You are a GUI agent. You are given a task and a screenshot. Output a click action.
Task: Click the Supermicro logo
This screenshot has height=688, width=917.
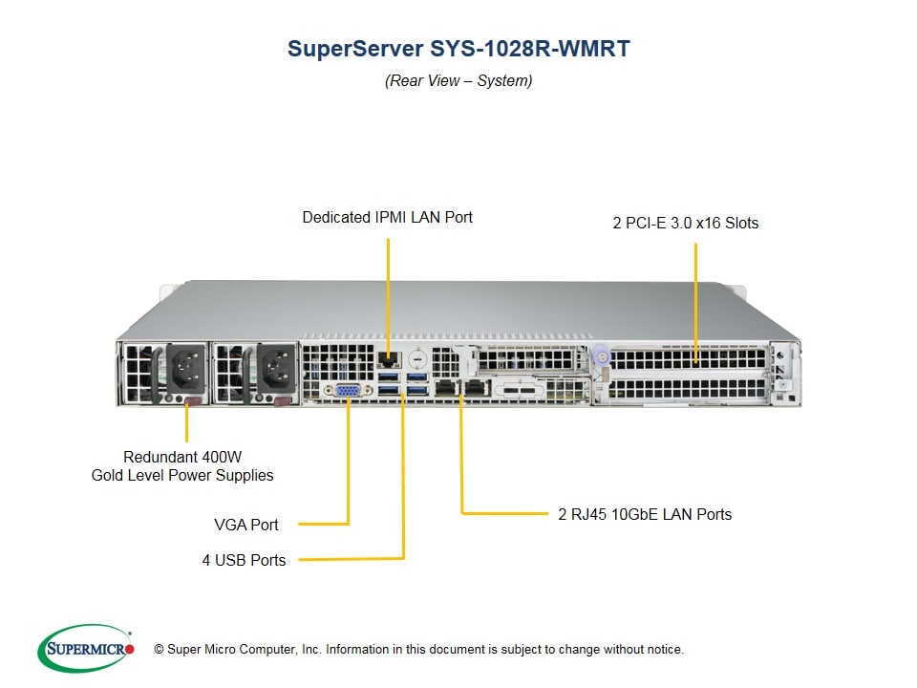tap(85, 649)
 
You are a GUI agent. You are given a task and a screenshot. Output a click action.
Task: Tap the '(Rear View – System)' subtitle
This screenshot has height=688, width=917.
tap(458, 80)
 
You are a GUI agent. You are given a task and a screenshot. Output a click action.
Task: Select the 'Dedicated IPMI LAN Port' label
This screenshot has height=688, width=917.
tap(387, 217)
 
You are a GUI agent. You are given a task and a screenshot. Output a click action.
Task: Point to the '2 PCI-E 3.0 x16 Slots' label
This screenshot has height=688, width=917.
tap(685, 223)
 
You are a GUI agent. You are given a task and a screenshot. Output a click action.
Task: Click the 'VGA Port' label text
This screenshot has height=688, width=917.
tap(246, 525)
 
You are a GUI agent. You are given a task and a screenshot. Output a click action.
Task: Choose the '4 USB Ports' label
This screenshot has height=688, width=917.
tap(244, 560)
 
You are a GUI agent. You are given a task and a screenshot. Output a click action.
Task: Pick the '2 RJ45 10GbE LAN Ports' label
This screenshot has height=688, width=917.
tap(645, 514)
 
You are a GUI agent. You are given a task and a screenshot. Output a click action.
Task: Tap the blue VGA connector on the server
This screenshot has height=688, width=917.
tap(347, 390)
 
